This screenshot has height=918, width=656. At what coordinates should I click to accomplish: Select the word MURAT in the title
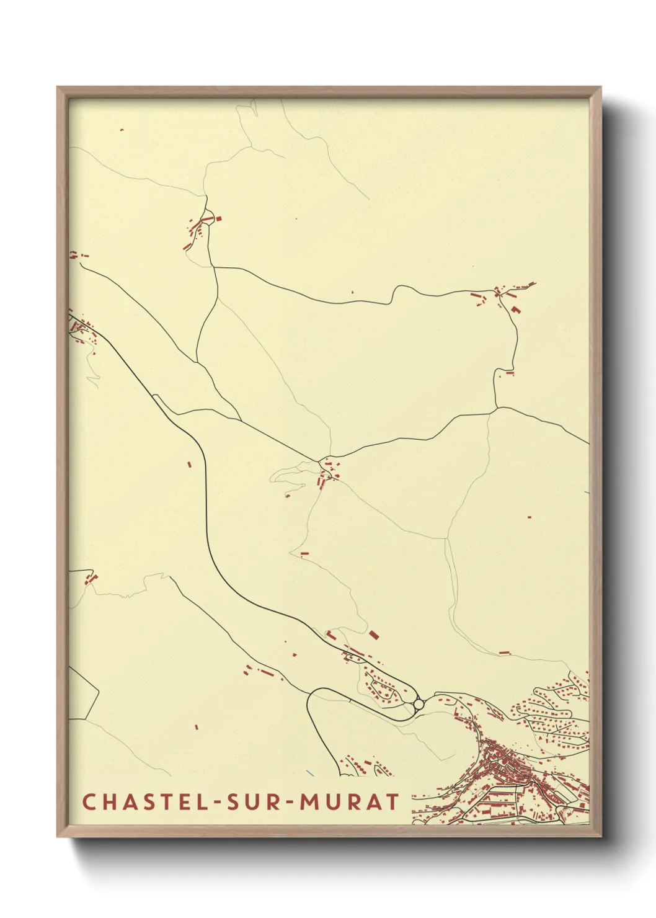coord(350,802)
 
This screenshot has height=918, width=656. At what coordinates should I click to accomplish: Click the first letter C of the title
coord(88,802)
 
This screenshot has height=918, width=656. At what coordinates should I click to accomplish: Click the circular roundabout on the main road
coord(419,704)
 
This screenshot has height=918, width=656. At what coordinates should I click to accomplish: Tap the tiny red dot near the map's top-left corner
coord(122,130)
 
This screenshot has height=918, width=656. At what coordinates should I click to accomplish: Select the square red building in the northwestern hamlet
coord(218,218)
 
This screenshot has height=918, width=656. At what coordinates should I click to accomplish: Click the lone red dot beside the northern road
coord(352,292)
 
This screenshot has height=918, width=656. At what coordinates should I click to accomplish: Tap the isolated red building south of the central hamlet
coord(304,553)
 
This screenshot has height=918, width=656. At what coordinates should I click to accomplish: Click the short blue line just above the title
coord(309,773)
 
